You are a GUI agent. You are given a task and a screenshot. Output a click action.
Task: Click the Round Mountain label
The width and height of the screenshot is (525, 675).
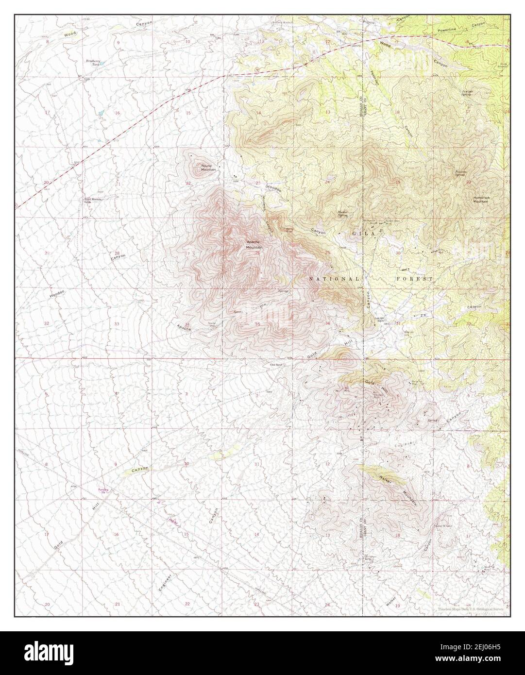pyautogui.click(x=208, y=168)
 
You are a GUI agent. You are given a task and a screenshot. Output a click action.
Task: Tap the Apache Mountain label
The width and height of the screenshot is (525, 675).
pyautogui.click(x=254, y=244)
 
